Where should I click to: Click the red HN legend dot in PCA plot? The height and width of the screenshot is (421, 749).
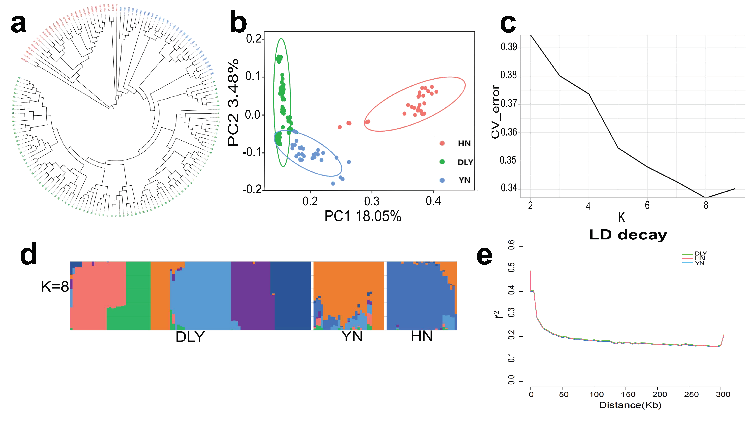[x=442, y=143]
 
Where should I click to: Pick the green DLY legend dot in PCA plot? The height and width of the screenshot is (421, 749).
[x=442, y=162]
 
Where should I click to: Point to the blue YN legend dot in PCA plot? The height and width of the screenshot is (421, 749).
[x=442, y=180]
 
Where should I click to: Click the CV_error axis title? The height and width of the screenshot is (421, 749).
[x=495, y=112]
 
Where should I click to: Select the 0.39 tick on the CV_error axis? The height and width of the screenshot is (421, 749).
[x=509, y=47]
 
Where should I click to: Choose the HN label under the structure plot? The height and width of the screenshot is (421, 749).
[x=422, y=336]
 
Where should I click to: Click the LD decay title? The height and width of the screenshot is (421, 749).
[x=628, y=235]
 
